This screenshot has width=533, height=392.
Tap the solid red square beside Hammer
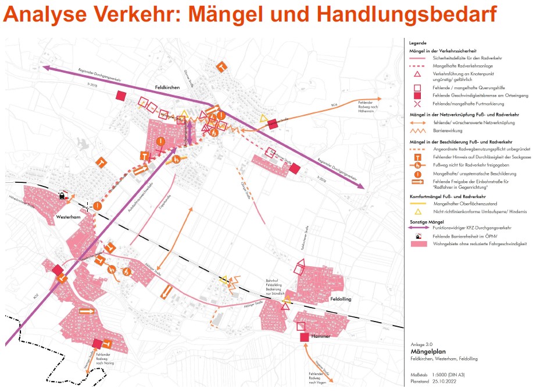click(304, 337)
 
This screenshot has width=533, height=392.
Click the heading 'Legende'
click(417, 43)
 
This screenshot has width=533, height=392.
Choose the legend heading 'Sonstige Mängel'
click(432, 221)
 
